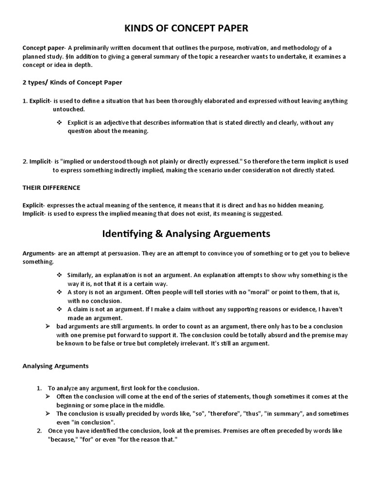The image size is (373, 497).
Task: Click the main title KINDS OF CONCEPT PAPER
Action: [186, 29]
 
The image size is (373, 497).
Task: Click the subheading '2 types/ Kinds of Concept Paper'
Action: [72, 83]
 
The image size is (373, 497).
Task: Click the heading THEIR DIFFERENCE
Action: [51, 187]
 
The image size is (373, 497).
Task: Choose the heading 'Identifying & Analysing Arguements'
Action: [186, 234]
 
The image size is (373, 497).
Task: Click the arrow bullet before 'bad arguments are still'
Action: [48, 326]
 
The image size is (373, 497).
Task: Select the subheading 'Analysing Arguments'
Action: [55, 366]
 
